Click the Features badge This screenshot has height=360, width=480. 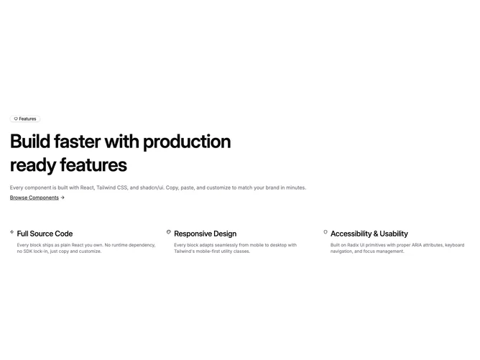point(25,119)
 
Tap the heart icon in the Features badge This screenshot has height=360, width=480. point(16,119)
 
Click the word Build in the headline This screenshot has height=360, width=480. point(30,142)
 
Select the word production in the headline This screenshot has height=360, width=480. point(187,142)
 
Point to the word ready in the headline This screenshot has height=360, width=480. point(33,165)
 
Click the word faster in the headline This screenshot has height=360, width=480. point(77,142)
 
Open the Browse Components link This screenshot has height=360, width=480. point(34,198)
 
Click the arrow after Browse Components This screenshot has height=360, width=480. point(63,198)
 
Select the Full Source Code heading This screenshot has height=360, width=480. point(45,234)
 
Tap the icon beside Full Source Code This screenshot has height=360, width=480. point(12,232)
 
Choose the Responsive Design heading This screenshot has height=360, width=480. point(205,234)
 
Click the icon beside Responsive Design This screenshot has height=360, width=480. point(169,232)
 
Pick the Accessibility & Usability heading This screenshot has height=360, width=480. point(369,234)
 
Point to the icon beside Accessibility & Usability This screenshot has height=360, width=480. point(326,232)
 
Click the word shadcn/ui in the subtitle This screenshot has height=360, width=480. point(152,188)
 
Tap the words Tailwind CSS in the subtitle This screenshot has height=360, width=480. point(111,188)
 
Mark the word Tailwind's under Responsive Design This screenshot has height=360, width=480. point(184,251)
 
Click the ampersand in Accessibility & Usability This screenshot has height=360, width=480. point(376,234)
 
